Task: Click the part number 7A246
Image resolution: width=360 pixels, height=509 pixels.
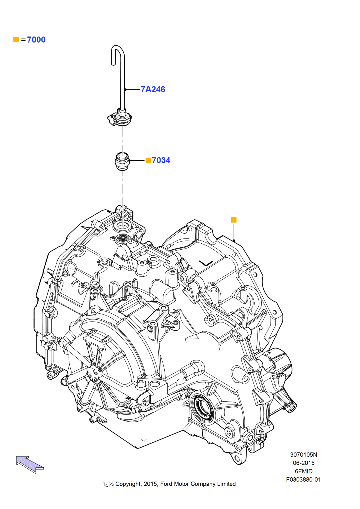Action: (x=153, y=89)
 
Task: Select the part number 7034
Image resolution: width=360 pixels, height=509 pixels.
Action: (x=161, y=160)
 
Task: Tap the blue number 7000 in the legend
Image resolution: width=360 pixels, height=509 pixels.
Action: (x=36, y=40)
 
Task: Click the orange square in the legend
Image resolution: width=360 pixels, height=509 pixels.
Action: (x=16, y=39)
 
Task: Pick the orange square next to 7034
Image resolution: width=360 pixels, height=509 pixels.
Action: (x=148, y=160)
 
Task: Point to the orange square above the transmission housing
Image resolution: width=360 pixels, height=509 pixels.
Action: (x=234, y=220)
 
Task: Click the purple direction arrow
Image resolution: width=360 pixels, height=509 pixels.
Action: (x=29, y=464)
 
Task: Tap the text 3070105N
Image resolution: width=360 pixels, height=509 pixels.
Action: (x=304, y=454)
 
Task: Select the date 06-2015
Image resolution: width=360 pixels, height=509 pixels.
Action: (x=304, y=463)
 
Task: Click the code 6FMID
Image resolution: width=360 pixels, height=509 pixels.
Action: (x=304, y=471)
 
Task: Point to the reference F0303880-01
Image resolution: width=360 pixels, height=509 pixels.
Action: (x=303, y=479)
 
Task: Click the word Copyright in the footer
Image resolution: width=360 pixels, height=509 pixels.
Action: (x=128, y=484)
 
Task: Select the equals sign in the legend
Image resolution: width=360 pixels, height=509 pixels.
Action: (x=23, y=40)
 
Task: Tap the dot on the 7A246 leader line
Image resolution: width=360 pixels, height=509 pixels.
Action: (x=125, y=89)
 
